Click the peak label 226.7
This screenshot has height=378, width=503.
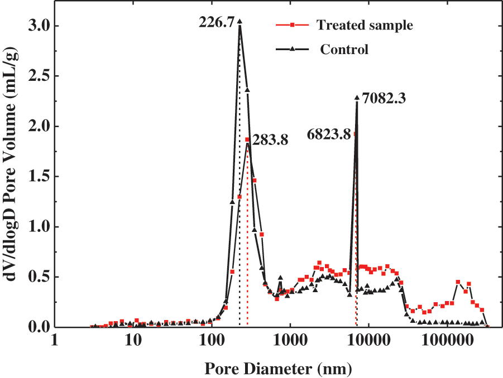(x=217, y=23)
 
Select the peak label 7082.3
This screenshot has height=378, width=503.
(x=384, y=99)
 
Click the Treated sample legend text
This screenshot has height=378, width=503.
(x=364, y=25)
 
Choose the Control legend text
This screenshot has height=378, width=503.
(x=344, y=49)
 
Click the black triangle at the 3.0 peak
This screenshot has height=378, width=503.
(x=239, y=22)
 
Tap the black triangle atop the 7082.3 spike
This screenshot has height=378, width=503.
(x=357, y=98)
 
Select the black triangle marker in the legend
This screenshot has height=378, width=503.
(x=293, y=49)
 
